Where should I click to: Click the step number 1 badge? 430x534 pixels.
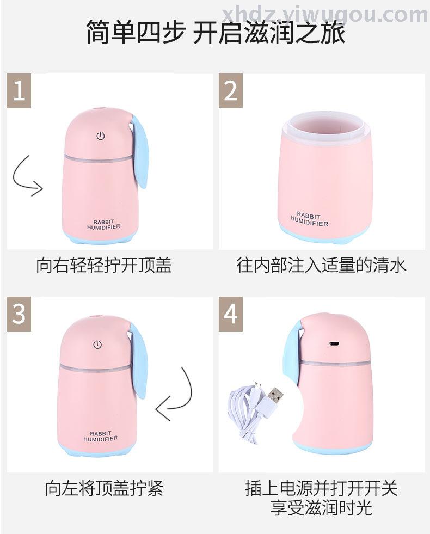pos(19,91)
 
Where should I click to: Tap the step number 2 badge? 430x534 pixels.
pos(230,91)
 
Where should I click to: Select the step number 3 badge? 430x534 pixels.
pos(19,314)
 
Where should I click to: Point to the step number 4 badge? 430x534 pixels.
pos(230,314)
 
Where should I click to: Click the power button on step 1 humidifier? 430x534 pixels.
pos(101,137)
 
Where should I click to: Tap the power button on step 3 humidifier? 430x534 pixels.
pos(98,345)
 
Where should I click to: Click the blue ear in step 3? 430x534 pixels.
pos(137,364)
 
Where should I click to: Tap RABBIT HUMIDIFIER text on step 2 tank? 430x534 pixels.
pos(309,219)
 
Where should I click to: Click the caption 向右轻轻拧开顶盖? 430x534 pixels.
pos(104,265)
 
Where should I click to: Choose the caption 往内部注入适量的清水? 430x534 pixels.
pos(322,265)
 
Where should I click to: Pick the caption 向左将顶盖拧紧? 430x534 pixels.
pos(104,488)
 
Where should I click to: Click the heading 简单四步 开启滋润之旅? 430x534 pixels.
pos(216,32)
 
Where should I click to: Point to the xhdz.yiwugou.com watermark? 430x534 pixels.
pos(325,14)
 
